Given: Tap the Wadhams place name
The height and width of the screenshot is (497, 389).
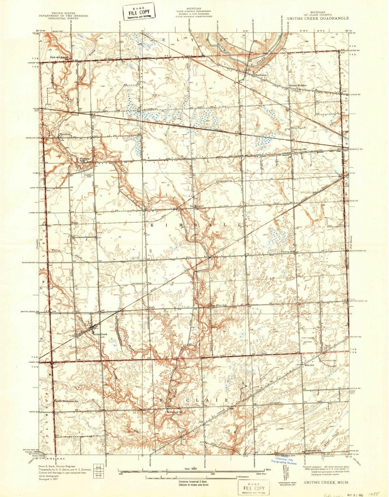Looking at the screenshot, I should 260,75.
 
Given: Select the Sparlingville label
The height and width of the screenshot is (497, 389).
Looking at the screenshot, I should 299,150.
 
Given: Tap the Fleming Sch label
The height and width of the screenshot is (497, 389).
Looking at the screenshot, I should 288,252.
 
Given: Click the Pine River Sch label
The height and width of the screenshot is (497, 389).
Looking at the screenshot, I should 219,305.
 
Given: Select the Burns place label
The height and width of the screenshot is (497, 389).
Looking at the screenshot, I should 74,223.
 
